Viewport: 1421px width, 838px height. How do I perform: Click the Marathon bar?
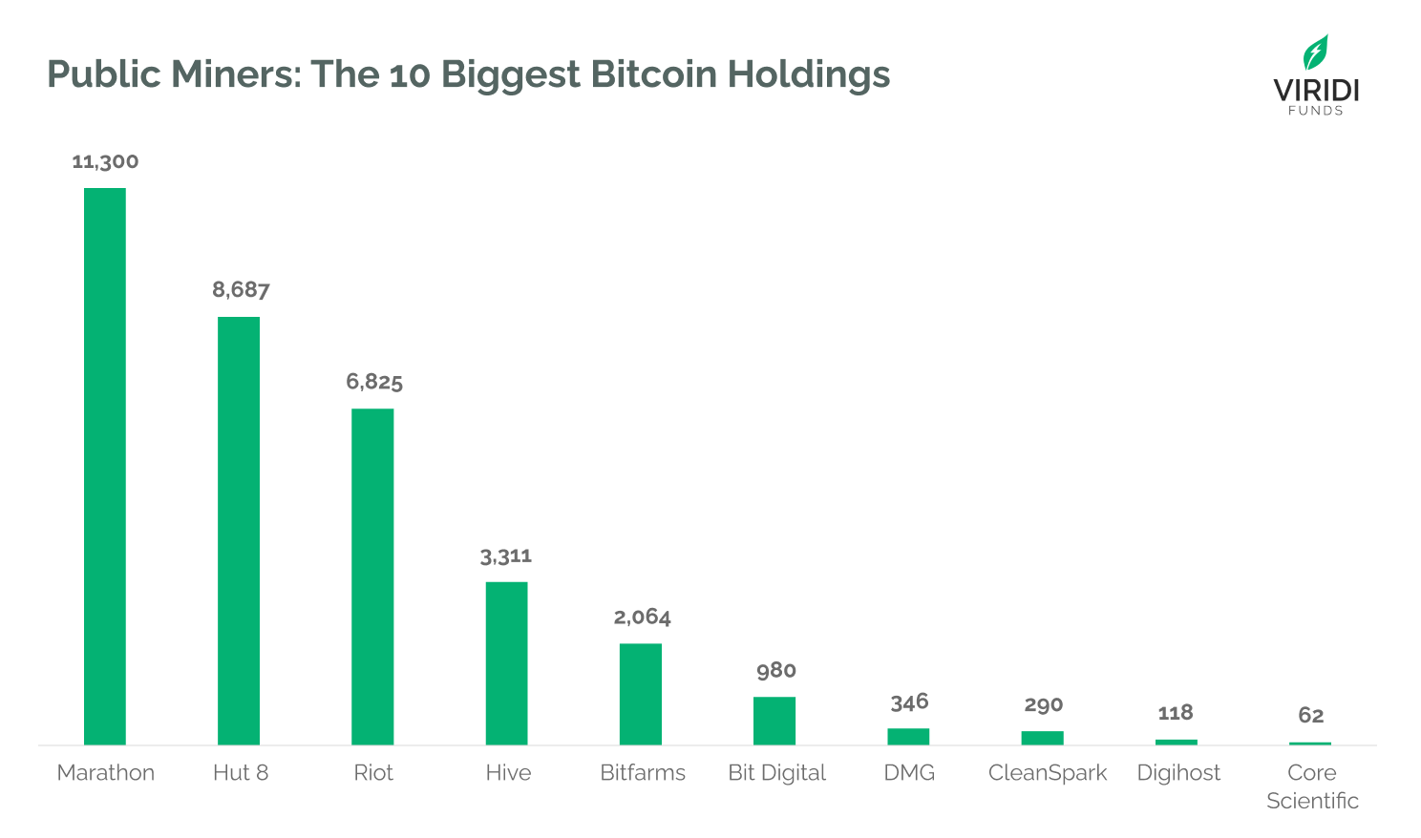pos(105,466)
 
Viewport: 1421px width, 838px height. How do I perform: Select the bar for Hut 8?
pos(239,531)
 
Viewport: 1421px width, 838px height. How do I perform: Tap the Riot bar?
pos(372,576)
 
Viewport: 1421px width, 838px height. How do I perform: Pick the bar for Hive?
pos(506,663)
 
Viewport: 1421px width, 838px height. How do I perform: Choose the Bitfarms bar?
pos(641,694)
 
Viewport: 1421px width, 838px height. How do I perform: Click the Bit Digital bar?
pos(774,721)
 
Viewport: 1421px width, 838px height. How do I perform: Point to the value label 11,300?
pos(105,161)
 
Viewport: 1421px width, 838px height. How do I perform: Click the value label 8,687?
pos(241,289)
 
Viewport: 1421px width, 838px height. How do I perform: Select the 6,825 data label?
pos(374,382)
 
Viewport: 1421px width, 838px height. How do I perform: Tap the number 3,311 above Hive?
pos(506,555)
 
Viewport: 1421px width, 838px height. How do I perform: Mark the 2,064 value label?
pos(642,617)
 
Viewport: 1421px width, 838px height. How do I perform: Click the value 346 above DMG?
pos(909,702)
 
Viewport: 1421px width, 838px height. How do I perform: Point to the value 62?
pos(1311,715)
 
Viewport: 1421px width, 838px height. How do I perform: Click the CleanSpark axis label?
pos(1048,772)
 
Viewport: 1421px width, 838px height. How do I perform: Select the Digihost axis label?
pos(1178,772)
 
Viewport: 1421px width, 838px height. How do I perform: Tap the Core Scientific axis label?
pos(1312,786)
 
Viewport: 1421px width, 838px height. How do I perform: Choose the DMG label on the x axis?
pos(909,772)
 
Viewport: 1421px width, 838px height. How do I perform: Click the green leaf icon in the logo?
pos(1316,52)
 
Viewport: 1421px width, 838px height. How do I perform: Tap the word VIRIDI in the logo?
pos(1316,91)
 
